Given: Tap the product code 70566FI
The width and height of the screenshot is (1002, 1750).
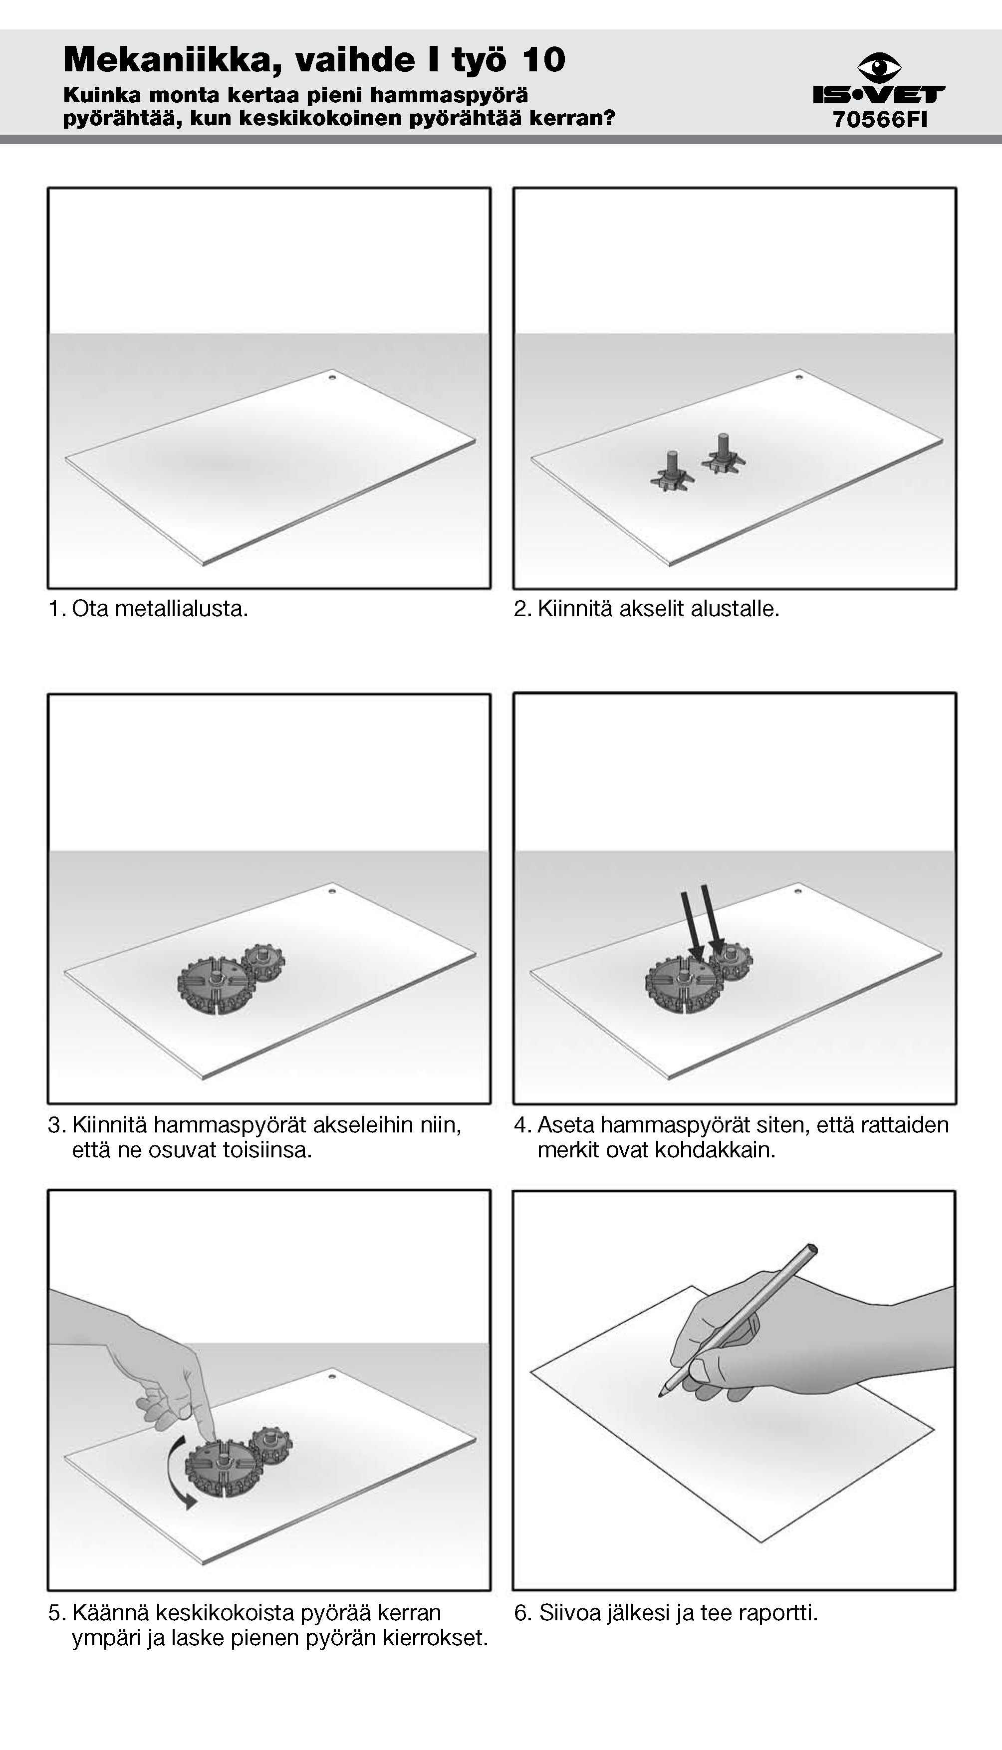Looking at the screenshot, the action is tap(880, 120).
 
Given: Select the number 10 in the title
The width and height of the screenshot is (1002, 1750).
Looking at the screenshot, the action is tap(544, 60).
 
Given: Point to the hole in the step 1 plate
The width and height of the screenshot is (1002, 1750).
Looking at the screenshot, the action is tap(332, 378).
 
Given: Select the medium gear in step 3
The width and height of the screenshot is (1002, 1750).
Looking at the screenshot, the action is tap(217, 986).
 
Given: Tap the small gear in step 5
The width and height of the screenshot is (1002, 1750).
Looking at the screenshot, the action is tap(270, 1445).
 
